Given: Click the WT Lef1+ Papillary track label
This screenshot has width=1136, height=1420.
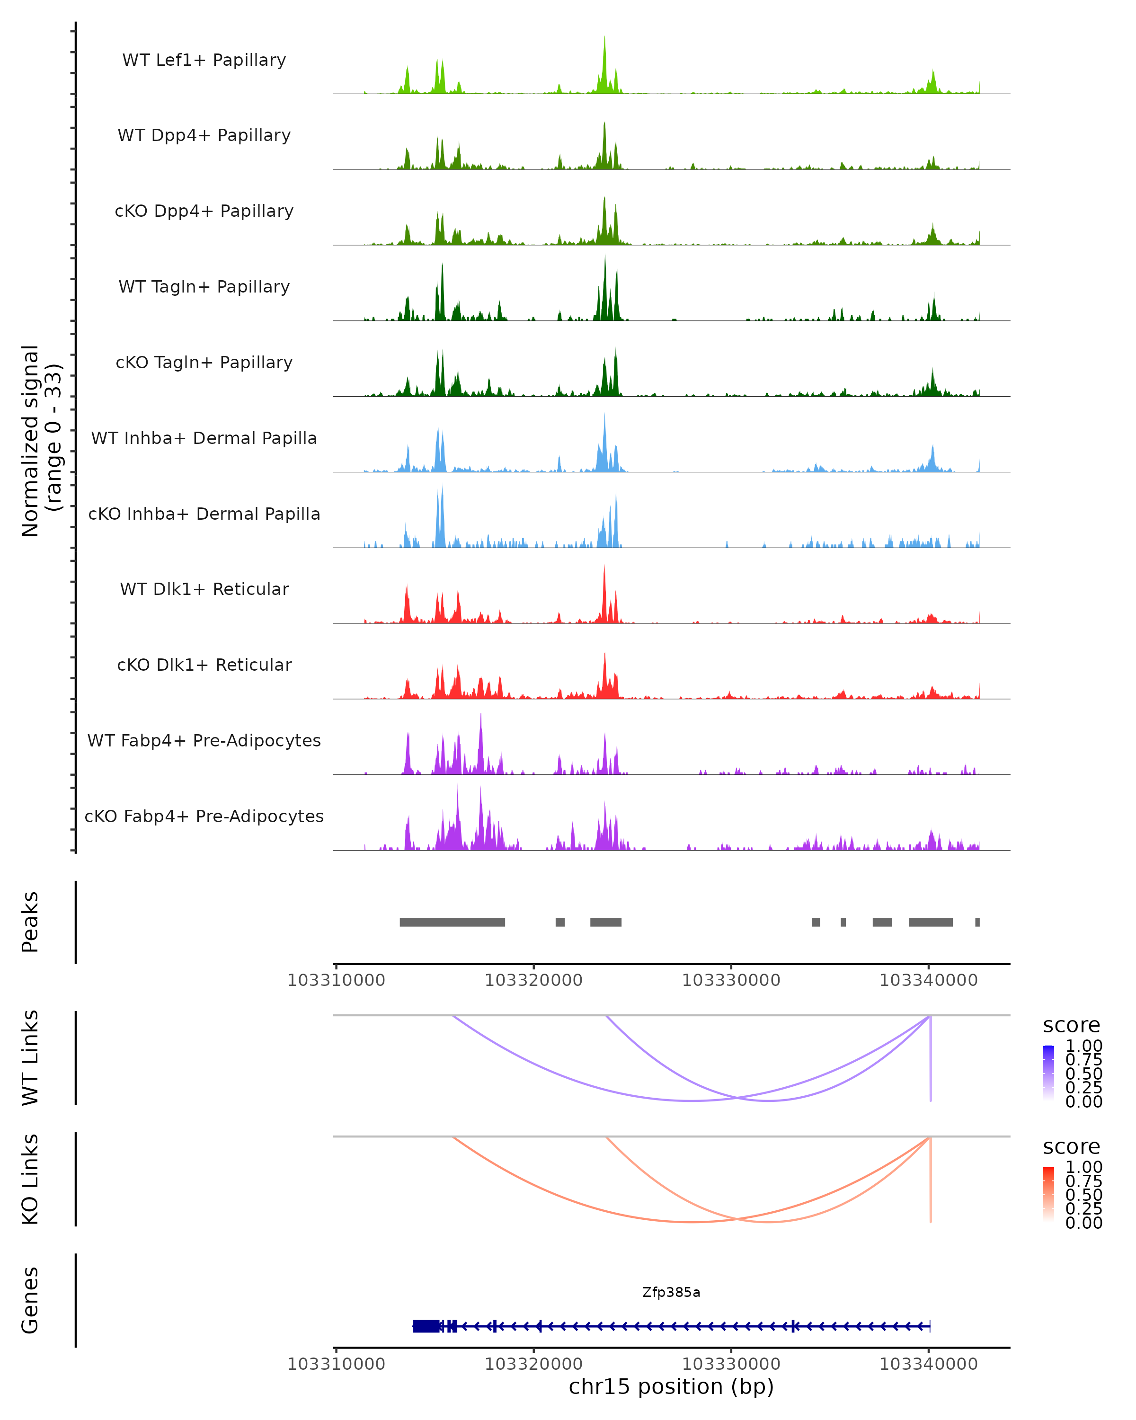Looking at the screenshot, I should pos(204,60).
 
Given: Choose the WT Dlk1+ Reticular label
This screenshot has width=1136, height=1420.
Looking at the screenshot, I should pos(204,589).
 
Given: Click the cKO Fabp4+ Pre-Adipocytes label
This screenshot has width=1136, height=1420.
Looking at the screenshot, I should pos(204,816).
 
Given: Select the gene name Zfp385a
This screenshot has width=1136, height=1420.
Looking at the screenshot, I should pos(671,1292).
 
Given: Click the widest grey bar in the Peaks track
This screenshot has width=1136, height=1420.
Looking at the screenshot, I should pos(453,922).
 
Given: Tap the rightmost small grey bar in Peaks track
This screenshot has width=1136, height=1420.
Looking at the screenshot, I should pos(977,922).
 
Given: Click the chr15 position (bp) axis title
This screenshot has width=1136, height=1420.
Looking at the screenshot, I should pos(671,1386).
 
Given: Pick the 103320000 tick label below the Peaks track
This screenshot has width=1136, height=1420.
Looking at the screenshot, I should pos(533,980).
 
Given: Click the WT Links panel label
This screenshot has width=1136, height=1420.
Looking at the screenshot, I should pos(30,1058).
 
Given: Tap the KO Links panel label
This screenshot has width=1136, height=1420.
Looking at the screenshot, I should pos(30,1179).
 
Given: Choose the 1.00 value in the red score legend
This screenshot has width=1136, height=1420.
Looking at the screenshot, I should pos(1084,1167).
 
